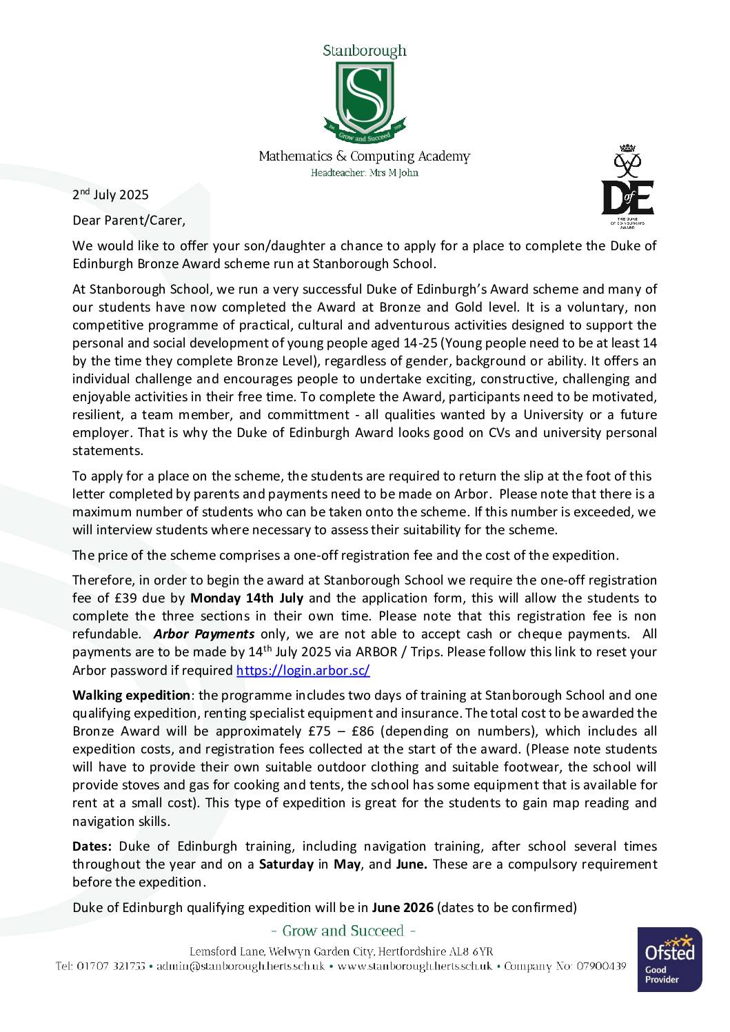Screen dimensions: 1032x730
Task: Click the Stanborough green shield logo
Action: [x=365, y=100]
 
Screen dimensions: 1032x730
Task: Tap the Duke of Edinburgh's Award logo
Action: [x=627, y=186]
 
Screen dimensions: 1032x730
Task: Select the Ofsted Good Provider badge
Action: [x=669, y=959]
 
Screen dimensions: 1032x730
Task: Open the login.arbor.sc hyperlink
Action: [x=303, y=670]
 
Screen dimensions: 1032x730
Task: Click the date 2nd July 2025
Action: [x=110, y=195]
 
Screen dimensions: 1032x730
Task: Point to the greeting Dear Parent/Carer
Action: [x=129, y=221]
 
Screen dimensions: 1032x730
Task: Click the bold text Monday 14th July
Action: [x=247, y=598]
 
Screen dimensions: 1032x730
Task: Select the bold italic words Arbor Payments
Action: [x=204, y=634]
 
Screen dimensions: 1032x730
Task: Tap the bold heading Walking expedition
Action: [x=131, y=696]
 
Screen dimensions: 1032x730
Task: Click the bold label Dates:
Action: [x=92, y=847]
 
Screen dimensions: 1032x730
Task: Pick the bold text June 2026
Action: [x=403, y=908]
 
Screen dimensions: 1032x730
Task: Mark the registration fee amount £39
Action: [x=125, y=598]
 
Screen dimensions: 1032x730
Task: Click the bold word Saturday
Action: [x=286, y=864]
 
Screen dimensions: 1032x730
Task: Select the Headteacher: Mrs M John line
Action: [x=364, y=173]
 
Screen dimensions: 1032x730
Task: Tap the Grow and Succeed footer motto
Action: [x=343, y=931]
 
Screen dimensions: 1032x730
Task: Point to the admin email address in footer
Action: [x=241, y=967]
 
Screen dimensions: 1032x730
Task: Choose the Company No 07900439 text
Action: [x=565, y=967]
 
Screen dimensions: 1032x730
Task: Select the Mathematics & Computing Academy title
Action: [x=364, y=156]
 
